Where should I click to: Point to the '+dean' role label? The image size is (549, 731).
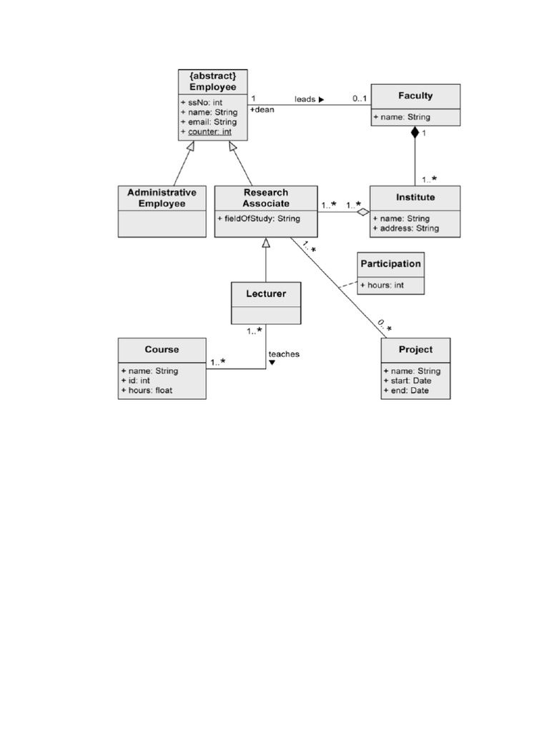[262, 110]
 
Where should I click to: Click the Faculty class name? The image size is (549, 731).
[415, 95]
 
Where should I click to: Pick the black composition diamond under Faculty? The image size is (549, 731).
[415, 132]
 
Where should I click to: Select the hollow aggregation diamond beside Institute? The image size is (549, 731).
[363, 211]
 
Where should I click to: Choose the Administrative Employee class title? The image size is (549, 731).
[162, 198]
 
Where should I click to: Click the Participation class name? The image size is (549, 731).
[390, 263]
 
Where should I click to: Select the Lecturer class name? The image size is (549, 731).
[266, 293]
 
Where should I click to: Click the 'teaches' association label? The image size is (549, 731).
[284, 354]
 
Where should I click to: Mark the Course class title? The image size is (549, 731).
[162, 349]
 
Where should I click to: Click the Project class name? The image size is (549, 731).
[415, 350]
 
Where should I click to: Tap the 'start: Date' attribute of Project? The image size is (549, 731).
[407, 380]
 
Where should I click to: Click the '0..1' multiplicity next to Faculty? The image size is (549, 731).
[360, 99]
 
